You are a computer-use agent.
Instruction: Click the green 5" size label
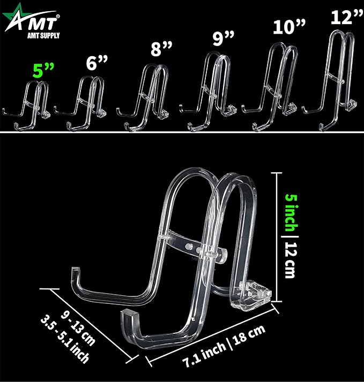point(43,70)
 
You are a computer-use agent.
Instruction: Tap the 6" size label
point(96,63)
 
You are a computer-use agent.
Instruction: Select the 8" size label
point(161,48)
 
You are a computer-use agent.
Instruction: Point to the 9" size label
point(223,38)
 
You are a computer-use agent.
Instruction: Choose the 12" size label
point(347,17)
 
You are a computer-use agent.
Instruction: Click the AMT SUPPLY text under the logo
point(43,35)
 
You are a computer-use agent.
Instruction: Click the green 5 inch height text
point(292,213)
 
